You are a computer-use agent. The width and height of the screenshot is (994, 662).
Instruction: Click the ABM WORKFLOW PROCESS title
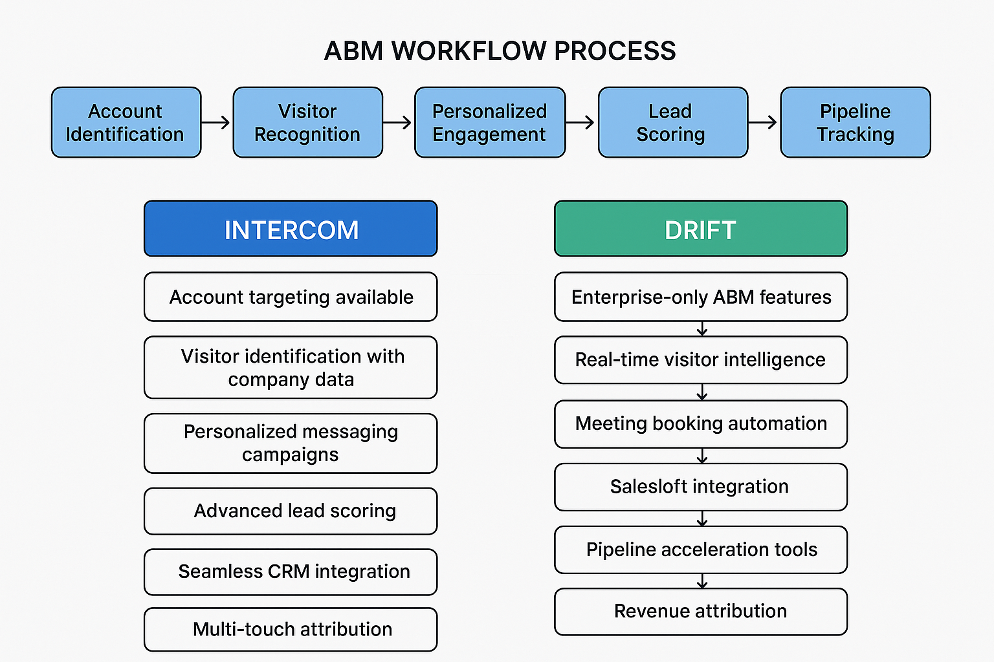tap(500, 51)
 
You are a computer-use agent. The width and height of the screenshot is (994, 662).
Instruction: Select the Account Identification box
tap(126, 122)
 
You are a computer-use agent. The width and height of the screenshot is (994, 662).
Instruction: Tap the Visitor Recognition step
tap(307, 122)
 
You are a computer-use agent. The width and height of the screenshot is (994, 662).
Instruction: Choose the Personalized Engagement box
tap(489, 122)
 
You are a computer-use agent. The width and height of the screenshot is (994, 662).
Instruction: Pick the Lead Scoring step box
tap(672, 122)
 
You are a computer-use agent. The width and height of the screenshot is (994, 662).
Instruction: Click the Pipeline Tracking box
tap(855, 122)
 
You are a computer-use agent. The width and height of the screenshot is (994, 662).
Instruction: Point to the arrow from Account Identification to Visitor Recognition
tap(216, 122)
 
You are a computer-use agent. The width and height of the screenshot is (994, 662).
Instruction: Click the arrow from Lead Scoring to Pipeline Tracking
tap(763, 122)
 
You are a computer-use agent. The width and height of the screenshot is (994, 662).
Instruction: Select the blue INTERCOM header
tap(291, 229)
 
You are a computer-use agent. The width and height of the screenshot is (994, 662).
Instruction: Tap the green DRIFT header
tap(700, 229)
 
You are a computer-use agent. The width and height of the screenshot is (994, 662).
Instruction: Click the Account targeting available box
tap(291, 297)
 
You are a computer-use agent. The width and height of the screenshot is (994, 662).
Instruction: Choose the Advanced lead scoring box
tap(291, 511)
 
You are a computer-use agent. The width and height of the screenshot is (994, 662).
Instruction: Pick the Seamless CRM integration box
tap(291, 571)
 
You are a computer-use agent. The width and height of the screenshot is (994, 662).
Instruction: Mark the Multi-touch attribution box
tap(291, 629)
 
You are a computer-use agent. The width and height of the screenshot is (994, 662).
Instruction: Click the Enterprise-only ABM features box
tap(700, 297)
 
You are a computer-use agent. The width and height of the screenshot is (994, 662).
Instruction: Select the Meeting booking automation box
tap(700, 423)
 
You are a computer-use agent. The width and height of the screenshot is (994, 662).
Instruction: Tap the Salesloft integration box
tap(700, 486)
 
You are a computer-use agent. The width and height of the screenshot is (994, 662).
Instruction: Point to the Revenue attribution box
tap(700, 611)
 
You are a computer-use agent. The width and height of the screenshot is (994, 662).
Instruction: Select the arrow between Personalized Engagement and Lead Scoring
tap(580, 122)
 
